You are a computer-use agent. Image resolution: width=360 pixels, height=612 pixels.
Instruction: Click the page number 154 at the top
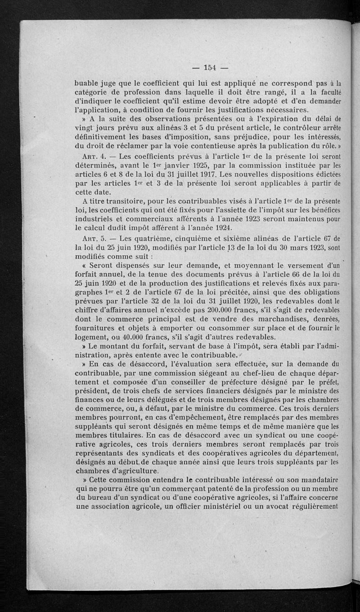point(210,68)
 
